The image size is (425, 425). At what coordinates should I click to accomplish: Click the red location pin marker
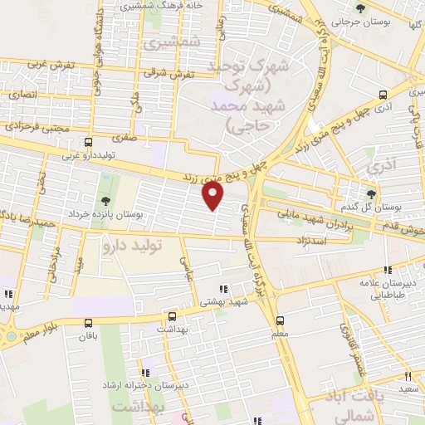(x=213, y=195)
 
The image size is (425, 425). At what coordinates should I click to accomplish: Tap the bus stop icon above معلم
(x=279, y=319)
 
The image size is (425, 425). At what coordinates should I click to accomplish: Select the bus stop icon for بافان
(x=88, y=322)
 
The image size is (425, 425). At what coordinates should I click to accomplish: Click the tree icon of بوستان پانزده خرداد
(x=105, y=200)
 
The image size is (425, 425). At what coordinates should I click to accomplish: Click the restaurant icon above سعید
(x=408, y=376)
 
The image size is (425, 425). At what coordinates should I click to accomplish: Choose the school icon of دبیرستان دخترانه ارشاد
(x=145, y=374)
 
